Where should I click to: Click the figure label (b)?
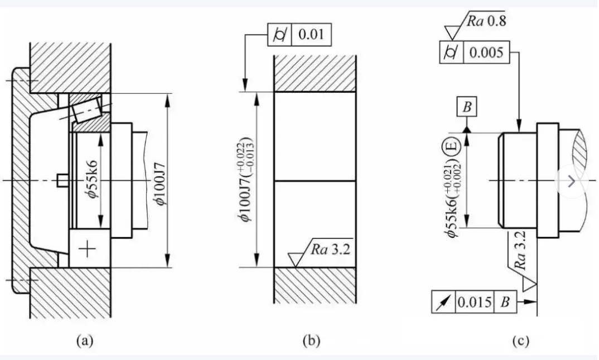point(311,340)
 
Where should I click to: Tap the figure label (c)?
point(520,340)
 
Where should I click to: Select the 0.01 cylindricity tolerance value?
point(313,35)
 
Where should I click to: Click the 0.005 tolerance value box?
point(486,53)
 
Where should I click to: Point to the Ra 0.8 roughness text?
point(485,22)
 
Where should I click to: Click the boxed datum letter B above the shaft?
point(467,107)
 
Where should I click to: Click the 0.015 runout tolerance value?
point(475,303)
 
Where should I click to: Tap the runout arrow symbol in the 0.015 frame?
point(443,303)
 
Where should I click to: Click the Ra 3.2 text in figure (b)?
point(329,249)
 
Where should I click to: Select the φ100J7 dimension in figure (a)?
point(161,182)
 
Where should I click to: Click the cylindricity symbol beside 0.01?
point(278,35)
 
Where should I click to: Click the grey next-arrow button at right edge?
point(571,181)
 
